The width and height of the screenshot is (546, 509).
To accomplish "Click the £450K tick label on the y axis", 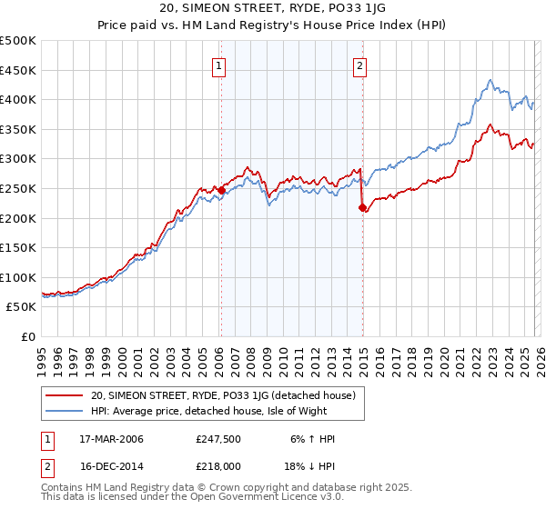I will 18,70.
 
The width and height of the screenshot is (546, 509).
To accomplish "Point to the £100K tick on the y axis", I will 18,277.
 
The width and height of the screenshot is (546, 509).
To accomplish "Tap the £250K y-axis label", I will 18,188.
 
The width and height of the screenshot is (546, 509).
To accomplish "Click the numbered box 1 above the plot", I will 220,65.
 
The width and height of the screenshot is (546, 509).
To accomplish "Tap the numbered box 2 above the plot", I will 360,65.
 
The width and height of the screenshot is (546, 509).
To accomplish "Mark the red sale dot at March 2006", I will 221,190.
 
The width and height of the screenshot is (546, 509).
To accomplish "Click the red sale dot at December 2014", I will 363,207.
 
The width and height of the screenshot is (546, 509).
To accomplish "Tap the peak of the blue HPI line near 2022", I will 490,80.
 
